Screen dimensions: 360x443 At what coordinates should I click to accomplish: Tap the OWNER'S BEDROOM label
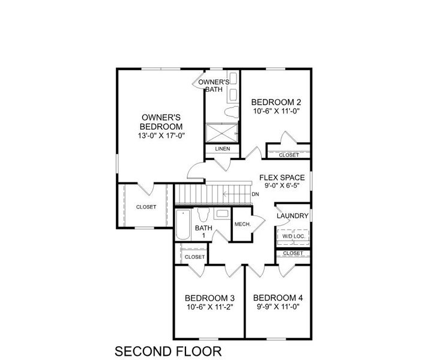click(160, 122)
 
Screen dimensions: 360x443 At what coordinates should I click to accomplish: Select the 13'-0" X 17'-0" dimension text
click(160, 136)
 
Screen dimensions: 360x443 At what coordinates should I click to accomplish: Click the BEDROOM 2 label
click(276, 102)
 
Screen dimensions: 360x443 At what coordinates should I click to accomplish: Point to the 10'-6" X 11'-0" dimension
click(276, 111)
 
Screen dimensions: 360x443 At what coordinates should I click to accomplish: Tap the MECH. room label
click(242, 224)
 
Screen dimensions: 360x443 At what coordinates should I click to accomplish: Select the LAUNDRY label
click(292, 216)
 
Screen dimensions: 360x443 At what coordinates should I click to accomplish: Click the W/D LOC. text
click(293, 236)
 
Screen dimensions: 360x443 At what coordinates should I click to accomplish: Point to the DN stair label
click(255, 194)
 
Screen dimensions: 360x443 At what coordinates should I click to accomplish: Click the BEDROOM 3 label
click(209, 298)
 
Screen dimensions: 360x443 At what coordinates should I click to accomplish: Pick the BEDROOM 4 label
click(278, 298)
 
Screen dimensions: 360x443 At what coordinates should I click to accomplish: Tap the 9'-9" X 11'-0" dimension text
click(278, 307)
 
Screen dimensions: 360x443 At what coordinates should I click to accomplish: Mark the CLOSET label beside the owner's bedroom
click(146, 207)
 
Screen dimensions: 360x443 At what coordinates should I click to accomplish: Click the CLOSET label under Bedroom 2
click(289, 155)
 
